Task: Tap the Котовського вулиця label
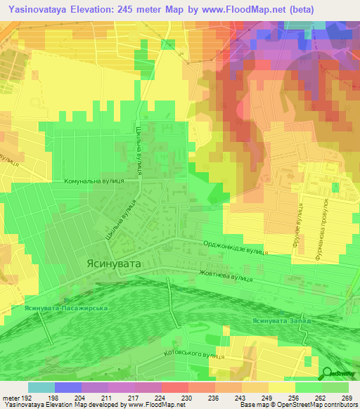(x=193, y=354)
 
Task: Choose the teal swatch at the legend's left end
(x=41, y=387)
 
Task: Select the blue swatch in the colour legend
(x=68, y=387)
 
